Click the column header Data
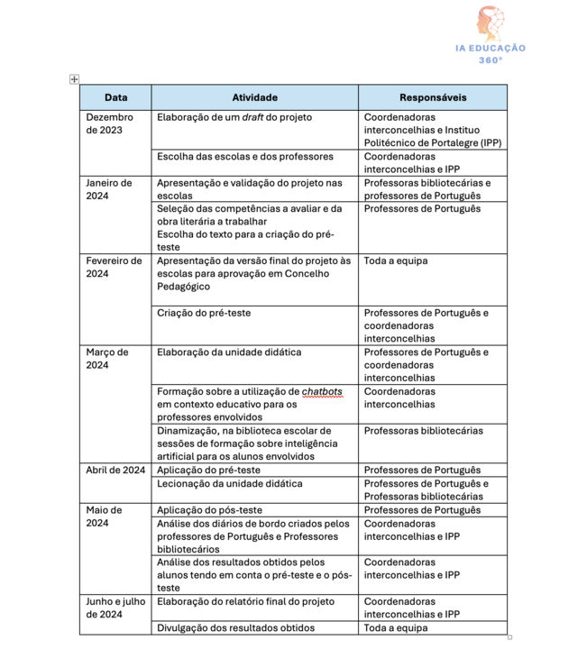[115, 97]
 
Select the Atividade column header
[254, 97]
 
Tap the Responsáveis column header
[433, 97]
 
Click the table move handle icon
[75, 79]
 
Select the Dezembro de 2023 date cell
[109, 123]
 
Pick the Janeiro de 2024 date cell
[108, 189]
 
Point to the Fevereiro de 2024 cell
[114, 268]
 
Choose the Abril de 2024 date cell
[115, 470]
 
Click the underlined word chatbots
[322, 391]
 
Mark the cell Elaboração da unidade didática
[229, 352]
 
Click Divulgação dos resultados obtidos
[236, 627]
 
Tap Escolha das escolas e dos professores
[245, 156]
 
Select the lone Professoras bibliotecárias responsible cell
[423, 431]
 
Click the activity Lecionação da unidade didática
[230, 483]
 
